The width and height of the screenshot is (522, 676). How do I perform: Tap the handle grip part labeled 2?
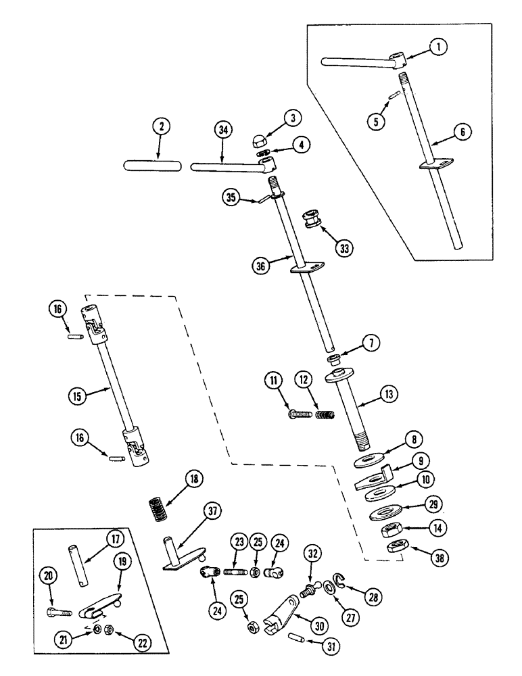(153, 166)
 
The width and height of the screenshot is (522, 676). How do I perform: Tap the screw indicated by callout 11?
(295, 412)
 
